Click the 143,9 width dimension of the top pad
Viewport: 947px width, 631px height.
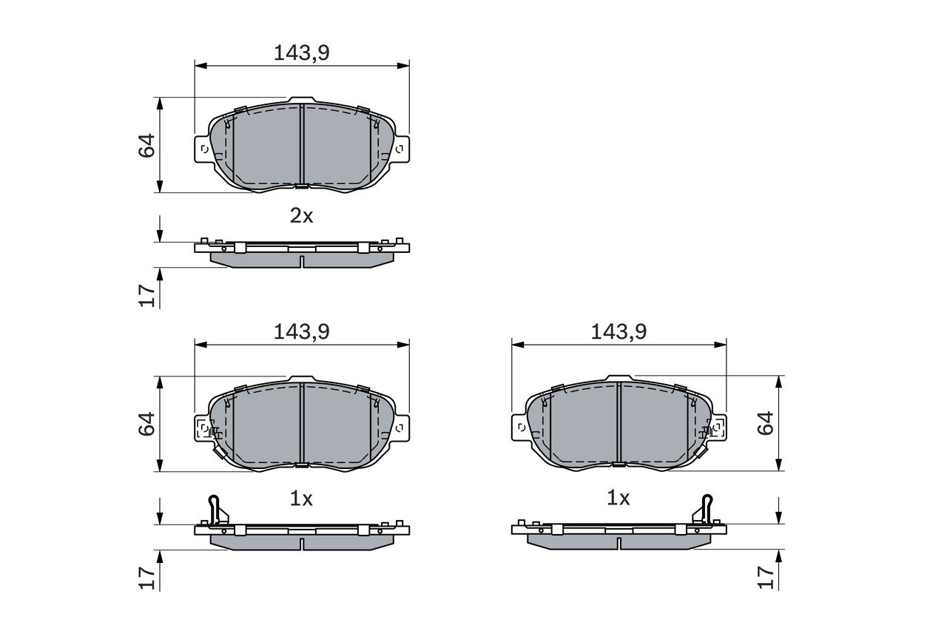click(x=301, y=53)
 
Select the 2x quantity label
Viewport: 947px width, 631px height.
click(x=301, y=216)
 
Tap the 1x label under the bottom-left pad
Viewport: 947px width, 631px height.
click(x=301, y=499)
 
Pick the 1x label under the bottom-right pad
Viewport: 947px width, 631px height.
click(x=618, y=498)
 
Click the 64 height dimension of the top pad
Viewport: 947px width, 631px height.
click(x=147, y=146)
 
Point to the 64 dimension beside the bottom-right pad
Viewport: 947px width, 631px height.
click(x=765, y=423)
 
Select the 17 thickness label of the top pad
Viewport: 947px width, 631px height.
click(x=147, y=295)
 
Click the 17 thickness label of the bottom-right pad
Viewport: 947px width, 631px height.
click(x=766, y=577)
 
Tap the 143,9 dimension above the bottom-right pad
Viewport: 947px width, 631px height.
click(x=619, y=331)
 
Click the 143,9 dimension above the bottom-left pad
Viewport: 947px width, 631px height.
click(x=301, y=331)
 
